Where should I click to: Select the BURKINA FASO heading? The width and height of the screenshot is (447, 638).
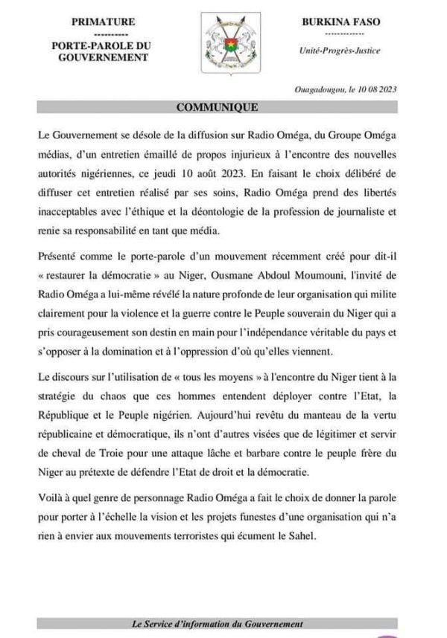346,22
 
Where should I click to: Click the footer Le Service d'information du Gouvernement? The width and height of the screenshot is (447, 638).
217,625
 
